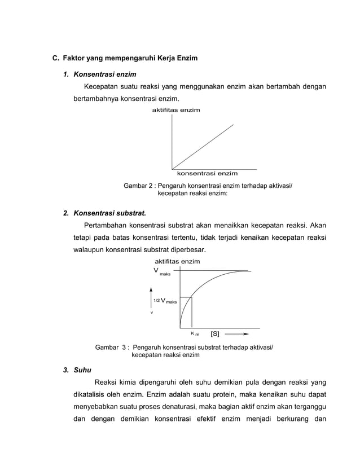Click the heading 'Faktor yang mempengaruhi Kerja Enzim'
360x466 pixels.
click(130, 58)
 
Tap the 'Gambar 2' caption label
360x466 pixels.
click(138, 186)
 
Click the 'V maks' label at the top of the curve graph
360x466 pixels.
click(161, 271)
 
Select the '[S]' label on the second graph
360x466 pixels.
click(215, 334)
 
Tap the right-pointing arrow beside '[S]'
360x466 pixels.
click(238, 334)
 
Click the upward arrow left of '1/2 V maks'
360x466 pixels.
click(151, 297)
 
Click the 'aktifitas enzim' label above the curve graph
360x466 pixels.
click(177, 262)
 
